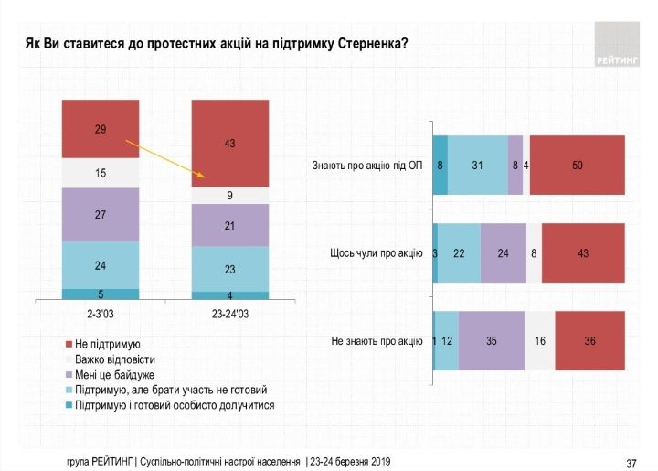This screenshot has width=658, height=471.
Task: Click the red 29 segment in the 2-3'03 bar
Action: (101, 130)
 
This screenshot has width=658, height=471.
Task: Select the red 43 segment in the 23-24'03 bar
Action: (230, 144)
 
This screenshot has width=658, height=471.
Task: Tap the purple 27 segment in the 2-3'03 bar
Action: (101, 215)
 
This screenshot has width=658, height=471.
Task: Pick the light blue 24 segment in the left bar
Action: (101, 265)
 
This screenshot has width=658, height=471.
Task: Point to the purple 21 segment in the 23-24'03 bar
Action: (230, 225)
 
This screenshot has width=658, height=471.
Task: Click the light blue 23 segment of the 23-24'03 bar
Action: (230, 270)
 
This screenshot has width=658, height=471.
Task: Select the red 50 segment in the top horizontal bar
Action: (577, 165)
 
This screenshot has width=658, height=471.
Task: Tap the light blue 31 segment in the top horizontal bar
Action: (477, 165)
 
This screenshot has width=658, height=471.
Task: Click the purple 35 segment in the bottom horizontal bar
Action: (492, 341)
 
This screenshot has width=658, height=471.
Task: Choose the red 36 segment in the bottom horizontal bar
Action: (589, 341)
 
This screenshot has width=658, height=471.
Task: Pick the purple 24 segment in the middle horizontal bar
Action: (503, 253)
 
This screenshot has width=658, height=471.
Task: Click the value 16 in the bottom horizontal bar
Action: (539, 341)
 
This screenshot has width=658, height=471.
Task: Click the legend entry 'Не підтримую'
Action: (107, 345)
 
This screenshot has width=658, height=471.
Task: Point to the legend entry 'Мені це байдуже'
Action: (116, 375)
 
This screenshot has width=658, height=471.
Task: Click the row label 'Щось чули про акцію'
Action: (376, 253)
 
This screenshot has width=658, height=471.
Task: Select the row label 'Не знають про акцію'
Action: (377, 341)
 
